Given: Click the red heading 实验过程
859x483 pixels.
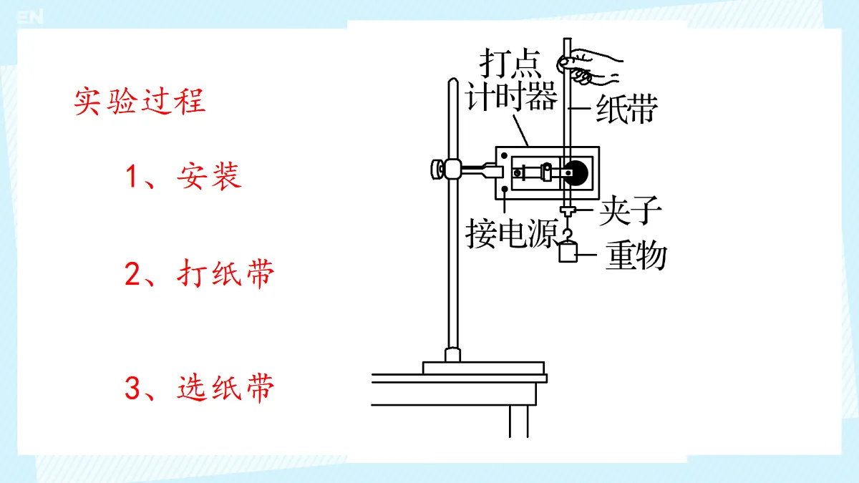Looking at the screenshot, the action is point(140,102).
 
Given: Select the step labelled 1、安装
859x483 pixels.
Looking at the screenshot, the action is point(183,176).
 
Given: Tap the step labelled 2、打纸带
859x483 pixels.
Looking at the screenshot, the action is point(200,273).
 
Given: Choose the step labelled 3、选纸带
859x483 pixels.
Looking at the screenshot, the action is point(200,388).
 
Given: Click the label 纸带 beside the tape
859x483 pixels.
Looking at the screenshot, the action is point(627,109).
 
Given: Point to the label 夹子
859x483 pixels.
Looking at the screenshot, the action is point(631,210).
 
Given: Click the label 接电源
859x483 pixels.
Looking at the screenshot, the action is point(512,233).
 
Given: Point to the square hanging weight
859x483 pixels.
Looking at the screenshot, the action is point(568,252).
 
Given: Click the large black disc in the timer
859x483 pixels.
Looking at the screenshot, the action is point(576,173).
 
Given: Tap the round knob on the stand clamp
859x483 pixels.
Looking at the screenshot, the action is point(437,170).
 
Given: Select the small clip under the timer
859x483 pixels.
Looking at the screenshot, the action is point(568,210).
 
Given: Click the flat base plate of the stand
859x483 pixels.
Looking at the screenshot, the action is point(484,368).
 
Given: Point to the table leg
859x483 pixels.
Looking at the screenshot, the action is point(519,421).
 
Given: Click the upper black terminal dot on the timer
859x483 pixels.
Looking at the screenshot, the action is point(504,156).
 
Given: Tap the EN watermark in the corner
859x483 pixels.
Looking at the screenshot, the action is point(30,17).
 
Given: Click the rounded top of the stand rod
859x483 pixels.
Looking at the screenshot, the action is point(453,82).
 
